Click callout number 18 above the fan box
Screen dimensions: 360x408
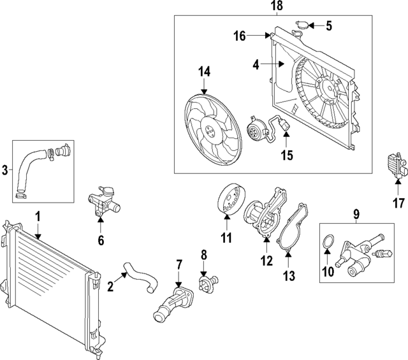tap(277, 6)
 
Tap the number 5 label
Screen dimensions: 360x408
tap(329, 26)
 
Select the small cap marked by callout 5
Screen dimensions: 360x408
tap(303, 26)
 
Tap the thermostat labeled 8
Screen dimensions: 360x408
tap(207, 283)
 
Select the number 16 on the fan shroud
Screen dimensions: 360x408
tap(239, 36)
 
